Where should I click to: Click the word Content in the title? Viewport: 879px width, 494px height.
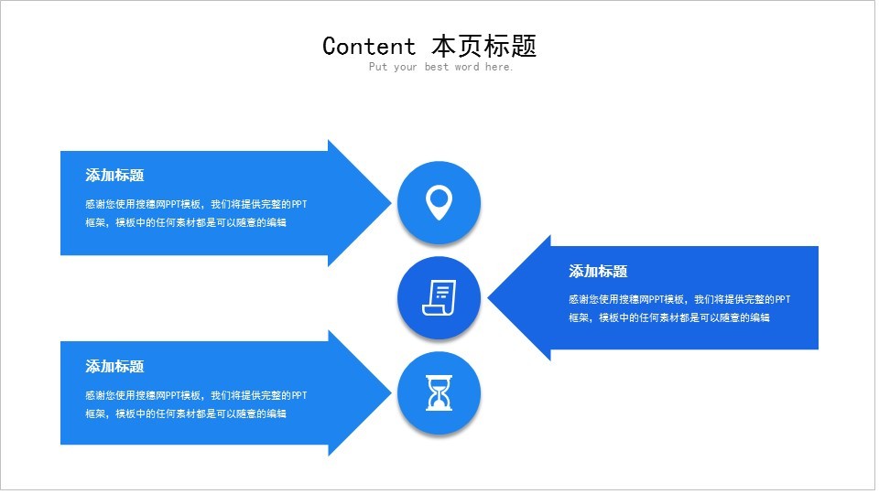(368, 46)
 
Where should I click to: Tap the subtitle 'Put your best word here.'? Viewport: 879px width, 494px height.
(440, 67)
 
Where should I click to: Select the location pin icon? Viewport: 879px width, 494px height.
(439, 202)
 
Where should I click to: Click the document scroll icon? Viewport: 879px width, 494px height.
(439, 297)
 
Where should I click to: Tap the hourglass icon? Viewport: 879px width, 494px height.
(439, 393)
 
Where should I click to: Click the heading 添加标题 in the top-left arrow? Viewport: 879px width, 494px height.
(114, 176)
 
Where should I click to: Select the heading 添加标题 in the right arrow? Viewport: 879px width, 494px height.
(598, 272)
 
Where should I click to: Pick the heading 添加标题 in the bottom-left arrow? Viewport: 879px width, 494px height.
(114, 367)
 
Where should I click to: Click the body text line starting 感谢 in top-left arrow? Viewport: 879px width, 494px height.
(196, 204)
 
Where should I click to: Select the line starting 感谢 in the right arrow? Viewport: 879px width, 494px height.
(679, 299)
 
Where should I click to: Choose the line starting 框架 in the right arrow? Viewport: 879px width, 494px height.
(669, 317)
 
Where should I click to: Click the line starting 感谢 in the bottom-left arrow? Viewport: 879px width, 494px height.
(196, 395)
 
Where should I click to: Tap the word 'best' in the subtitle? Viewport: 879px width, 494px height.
(437, 67)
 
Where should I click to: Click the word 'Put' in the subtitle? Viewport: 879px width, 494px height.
(377, 67)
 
